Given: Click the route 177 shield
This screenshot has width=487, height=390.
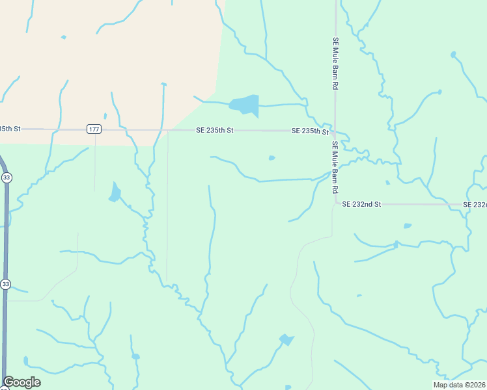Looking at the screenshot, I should click(x=94, y=129).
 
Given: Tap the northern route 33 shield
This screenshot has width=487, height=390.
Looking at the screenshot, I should click(x=6, y=177).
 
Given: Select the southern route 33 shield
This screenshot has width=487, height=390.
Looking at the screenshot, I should click(x=6, y=284).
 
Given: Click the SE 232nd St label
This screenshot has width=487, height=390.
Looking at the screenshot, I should click(x=361, y=204).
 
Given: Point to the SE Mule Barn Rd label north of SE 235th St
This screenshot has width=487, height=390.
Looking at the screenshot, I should click(x=336, y=63).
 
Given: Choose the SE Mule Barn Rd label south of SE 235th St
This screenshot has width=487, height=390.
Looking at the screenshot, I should click(x=336, y=167).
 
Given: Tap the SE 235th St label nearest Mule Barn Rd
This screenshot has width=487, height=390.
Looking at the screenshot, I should click(x=310, y=131).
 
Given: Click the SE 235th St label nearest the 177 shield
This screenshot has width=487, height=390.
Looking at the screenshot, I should click(x=215, y=131).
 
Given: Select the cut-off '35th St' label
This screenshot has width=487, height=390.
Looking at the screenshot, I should click(x=10, y=129).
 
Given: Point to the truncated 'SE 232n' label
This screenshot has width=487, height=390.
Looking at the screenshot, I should click(x=475, y=204).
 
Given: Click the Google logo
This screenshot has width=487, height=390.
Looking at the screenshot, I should click(x=21, y=382).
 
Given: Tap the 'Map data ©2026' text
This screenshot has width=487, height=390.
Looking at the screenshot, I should click(x=460, y=385).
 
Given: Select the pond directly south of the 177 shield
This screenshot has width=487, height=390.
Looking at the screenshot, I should click(x=115, y=192).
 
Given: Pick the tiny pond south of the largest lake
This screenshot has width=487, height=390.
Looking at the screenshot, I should click(x=271, y=157).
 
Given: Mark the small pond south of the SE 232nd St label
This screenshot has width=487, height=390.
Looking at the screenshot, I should click(x=408, y=226).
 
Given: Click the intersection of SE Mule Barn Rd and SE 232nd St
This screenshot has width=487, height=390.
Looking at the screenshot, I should click(x=335, y=204).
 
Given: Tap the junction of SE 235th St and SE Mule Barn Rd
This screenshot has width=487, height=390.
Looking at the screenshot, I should click(x=335, y=131).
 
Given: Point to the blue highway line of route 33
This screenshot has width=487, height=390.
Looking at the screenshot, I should click(x=7, y=234).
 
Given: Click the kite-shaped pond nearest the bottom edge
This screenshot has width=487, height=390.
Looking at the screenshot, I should click(x=286, y=339).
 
